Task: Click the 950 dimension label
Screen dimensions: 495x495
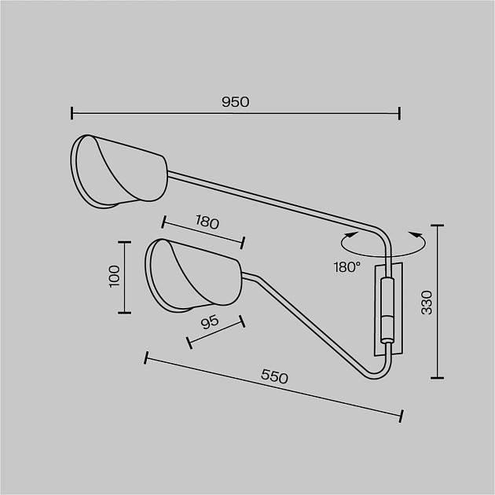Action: pos(236,102)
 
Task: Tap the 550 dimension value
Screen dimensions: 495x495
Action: pos(274,376)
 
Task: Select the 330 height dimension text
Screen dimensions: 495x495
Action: pos(427,302)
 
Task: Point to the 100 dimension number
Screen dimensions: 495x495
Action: pos(114,276)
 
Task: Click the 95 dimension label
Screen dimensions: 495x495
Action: pos(210,322)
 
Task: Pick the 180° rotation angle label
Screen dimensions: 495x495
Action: pos(347,267)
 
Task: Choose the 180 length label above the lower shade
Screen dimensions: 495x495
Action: pos(207,222)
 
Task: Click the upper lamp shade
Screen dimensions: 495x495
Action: pos(119,172)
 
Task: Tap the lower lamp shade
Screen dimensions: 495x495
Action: pos(194,276)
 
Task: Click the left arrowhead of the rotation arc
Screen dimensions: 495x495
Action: pos(353,235)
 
